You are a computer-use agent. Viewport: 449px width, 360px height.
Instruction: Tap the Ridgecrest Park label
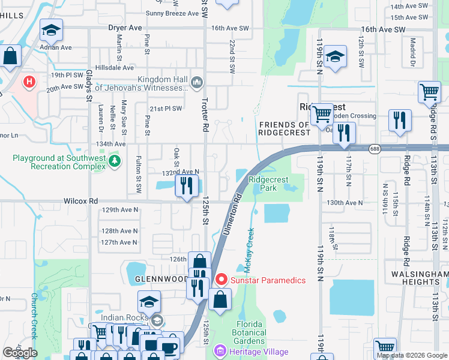click(268, 184)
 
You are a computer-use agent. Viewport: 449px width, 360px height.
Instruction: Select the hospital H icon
click(28, 81)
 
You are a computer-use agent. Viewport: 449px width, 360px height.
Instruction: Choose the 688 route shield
click(375, 149)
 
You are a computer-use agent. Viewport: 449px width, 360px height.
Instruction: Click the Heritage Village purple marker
click(220, 351)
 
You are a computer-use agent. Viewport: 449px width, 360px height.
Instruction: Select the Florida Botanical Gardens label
click(249, 333)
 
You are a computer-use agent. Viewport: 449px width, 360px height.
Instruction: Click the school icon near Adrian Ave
click(52, 30)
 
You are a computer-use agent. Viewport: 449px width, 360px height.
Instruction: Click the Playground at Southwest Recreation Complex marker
click(115, 161)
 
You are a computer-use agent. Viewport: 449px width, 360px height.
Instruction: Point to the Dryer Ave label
click(125, 28)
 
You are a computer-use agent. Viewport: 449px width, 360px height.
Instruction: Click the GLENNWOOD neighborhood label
click(152, 279)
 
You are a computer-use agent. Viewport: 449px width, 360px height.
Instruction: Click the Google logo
click(20, 353)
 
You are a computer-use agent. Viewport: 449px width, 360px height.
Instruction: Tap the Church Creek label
click(35, 316)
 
